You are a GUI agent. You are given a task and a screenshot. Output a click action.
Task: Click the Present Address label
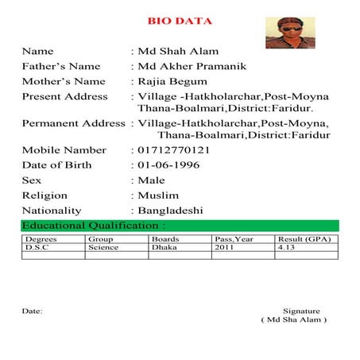tap(64, 96)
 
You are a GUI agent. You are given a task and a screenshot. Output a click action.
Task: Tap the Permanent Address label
tap(73, 123)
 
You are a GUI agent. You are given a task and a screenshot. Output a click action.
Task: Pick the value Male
tap(152, 180)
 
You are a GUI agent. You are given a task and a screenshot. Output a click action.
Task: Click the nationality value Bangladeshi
tap(170, 211)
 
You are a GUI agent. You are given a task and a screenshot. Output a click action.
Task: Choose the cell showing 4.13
tap(286, 247)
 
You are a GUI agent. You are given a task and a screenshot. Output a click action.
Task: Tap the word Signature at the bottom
tap(301, 311)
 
